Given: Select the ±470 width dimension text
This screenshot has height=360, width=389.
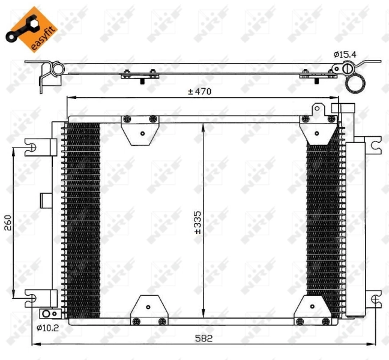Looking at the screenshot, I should pos(201,92).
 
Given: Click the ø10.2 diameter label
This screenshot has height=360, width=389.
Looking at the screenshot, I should pos(47,328).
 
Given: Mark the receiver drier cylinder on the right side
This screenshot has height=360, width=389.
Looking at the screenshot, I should pos(355,228).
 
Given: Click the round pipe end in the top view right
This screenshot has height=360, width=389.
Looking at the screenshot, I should pos(355,85).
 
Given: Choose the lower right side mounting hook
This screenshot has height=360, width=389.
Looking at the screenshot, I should pos(374,298).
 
